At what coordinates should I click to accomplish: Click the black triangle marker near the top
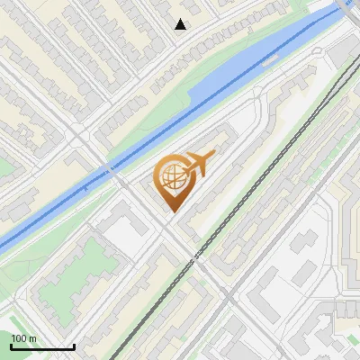[x=181, y=24]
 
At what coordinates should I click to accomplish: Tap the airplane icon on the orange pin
[x=196, y=164]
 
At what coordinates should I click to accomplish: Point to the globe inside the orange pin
[x=174, y=177]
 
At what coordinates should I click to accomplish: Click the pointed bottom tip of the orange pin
[x=173, y=212]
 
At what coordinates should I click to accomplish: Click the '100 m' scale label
[x=23, y=338]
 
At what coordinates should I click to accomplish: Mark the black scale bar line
[x=41, y=346]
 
